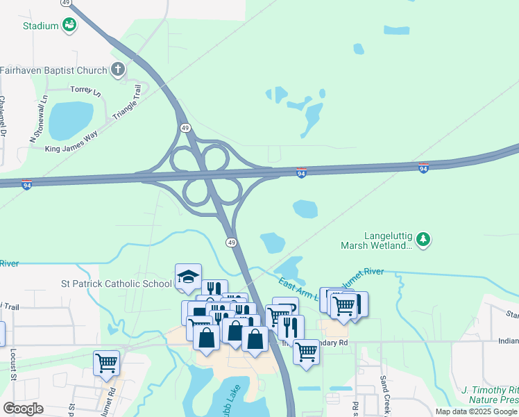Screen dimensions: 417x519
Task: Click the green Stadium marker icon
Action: [69, 26]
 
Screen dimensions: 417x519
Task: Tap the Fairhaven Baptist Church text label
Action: [53, 70]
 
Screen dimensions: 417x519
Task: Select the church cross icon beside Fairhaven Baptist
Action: [118, 69]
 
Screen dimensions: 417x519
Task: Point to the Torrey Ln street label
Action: [86, 91]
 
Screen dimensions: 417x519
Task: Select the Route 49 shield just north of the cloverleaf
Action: [185, 128]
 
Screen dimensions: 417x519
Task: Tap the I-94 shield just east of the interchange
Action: [301, 172]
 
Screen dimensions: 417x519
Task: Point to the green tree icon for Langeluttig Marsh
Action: [423, 240]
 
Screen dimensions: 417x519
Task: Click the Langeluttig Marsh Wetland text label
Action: [377, 240]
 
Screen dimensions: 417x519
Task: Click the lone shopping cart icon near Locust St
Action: [106, 362]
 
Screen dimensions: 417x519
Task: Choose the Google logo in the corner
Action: [23, 409]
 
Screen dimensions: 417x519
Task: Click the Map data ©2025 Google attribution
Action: [475, 411]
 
